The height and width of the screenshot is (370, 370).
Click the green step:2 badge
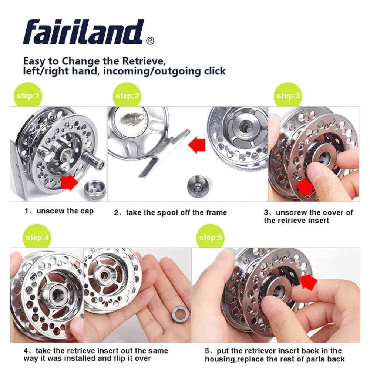[x=127, y=96]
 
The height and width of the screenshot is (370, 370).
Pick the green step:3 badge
[x=289, y=96]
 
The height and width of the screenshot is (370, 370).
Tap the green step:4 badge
[x=37, y=237]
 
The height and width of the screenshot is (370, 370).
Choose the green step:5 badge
[x=211, y=237]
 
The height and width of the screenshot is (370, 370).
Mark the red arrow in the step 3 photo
[x=305, y=187]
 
